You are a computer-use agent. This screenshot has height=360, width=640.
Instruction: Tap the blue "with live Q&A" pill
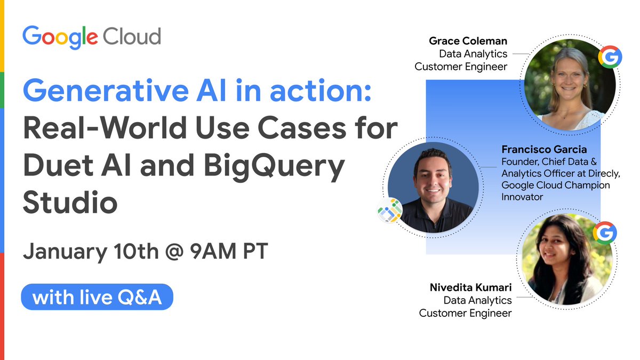coord(97,297)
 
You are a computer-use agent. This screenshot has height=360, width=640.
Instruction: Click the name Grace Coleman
coord(468,41)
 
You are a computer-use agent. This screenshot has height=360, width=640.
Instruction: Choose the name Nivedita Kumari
coord(470,288)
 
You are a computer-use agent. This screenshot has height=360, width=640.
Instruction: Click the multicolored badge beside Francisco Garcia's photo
coord(389,210)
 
